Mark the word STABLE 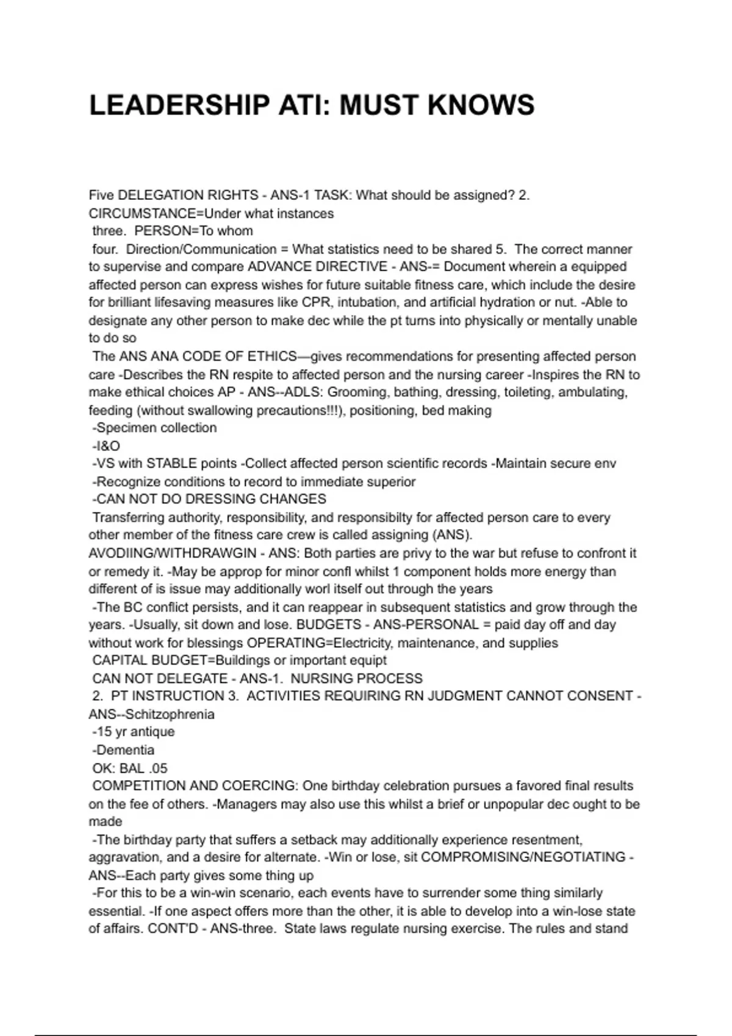(171, 464)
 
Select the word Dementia (125, 750)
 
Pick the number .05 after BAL (157, 768)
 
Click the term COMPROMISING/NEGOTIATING (523, 857)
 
